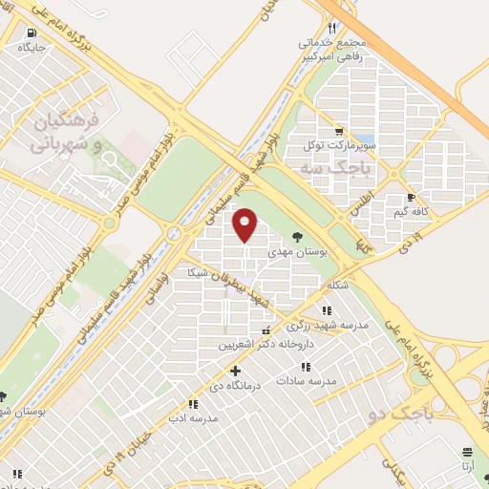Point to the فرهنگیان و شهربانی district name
point(66,134)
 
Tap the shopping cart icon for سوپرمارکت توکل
point(338,132)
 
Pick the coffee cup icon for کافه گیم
point(410,198)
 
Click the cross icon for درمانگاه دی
point(236,371)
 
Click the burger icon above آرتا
point(466,453)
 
